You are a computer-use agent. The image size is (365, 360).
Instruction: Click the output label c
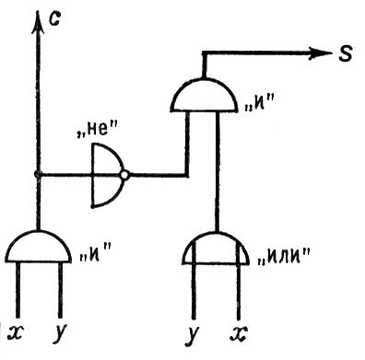pos(54,19)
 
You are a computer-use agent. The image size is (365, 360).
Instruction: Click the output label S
pos(346,53)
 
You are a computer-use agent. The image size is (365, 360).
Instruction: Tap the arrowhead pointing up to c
pos(38,21)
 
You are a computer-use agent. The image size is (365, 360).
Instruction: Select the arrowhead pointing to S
pos(321,52)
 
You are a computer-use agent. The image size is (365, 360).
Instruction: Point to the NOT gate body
pos(107,175)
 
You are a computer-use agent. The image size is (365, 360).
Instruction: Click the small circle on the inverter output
pos(124,175)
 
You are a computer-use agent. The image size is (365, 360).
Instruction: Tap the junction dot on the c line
pos(38,174)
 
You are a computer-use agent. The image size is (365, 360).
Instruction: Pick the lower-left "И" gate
pos(38,247)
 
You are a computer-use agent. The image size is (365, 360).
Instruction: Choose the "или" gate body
pos(217,249)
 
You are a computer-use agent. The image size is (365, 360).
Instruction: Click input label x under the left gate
pos(16,332)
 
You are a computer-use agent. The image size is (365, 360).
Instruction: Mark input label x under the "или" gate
pos(240,333)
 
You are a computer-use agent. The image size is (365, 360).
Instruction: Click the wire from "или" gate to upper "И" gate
pos(218,172)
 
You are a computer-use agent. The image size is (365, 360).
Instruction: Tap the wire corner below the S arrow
pos(203,53)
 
